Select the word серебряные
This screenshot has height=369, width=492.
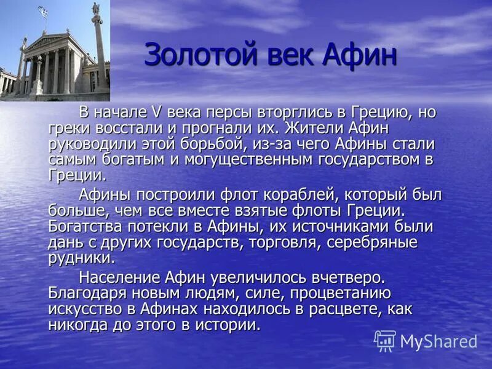click(371, 242)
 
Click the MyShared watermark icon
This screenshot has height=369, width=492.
click(385, 340)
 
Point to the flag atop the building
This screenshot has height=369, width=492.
click(42, 11)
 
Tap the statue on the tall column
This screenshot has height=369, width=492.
click(96, 9)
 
